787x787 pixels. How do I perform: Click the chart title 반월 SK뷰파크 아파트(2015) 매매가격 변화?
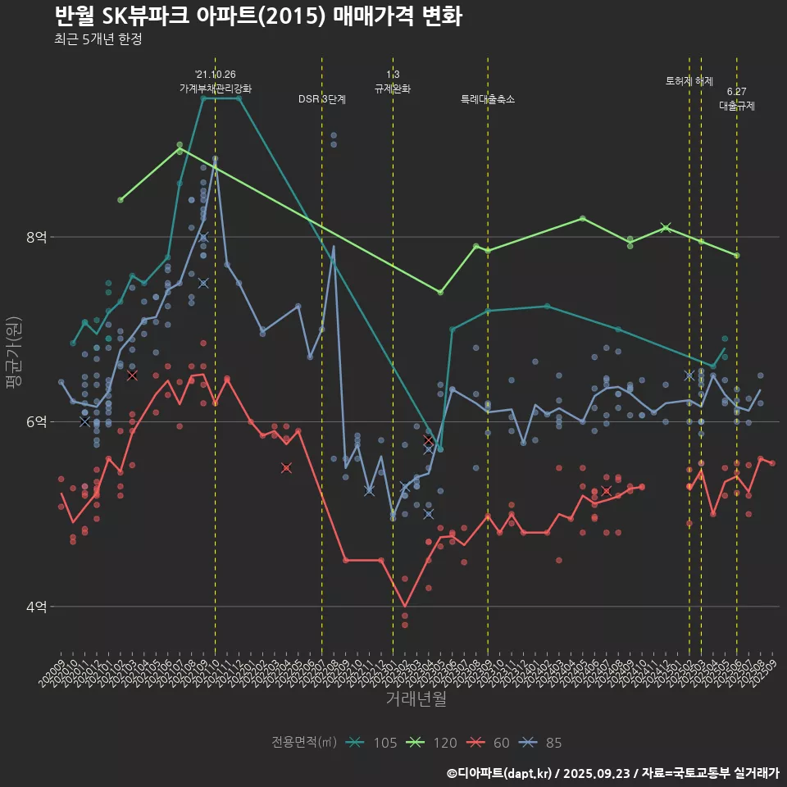[257, 16]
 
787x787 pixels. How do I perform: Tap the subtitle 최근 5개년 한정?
[98, 39]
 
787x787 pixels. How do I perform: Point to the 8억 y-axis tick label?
[37, 237]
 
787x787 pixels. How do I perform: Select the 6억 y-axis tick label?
[37, 421]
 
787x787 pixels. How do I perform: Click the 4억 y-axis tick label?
[37, 607]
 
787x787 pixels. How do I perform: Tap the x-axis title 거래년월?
[416, 699]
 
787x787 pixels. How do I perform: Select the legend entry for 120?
[431, 743]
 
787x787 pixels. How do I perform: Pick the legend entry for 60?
[488, 743]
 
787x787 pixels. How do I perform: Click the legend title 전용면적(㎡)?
[304, 743]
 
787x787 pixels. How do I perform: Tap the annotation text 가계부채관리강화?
[216, 89]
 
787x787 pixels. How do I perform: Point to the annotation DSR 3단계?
[322, 99]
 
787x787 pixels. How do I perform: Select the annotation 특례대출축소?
[488, 99]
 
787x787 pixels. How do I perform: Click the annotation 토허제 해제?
[689, 81]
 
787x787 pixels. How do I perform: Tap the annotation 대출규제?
[737, 106]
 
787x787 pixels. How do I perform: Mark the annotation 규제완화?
[393, 89]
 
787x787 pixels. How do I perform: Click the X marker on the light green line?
[666, 227]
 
